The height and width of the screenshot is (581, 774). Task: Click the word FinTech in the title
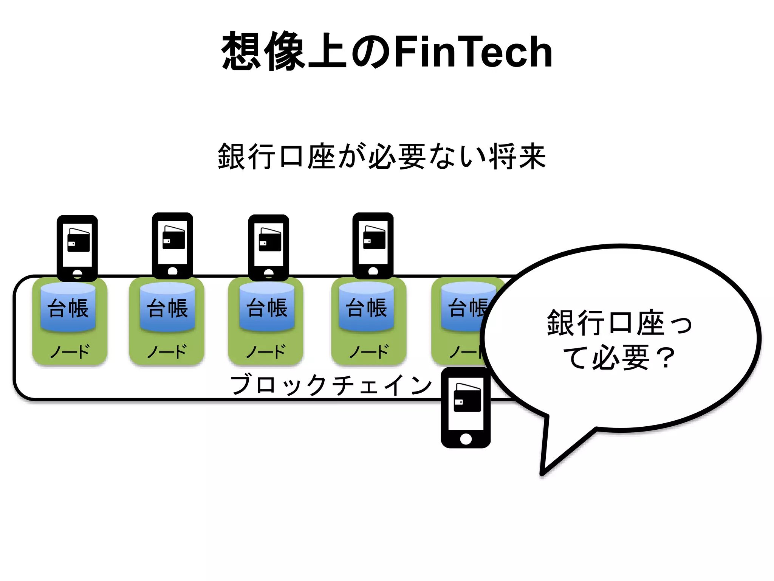click(x=472, y=51)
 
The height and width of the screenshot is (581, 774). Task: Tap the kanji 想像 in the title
click(x=263, y=51)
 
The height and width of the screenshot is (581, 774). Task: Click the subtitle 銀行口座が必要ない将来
click(x=382, y=156)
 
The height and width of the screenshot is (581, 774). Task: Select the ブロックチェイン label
click(x=331, y=385)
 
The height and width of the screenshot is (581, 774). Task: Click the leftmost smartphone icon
click(x=77, y=248)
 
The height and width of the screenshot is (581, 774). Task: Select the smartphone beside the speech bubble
click(x=466, y=408)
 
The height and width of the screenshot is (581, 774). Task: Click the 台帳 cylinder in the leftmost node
click(x=68, y=307)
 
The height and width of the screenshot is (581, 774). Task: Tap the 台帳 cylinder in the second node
click(x=167, y=307)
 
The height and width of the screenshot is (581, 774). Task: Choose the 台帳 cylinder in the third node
click(x=267, y=307)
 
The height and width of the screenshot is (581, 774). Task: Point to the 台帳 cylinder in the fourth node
click(x=366, y=307)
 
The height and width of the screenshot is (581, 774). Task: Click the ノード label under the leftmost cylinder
click(x=70, y=352)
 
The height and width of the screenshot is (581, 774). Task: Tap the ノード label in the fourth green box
click(x=368, y=352)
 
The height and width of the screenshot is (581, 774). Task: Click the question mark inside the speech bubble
click(x=665, y=357)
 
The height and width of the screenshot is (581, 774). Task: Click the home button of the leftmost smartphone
click(x=77, y=273)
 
